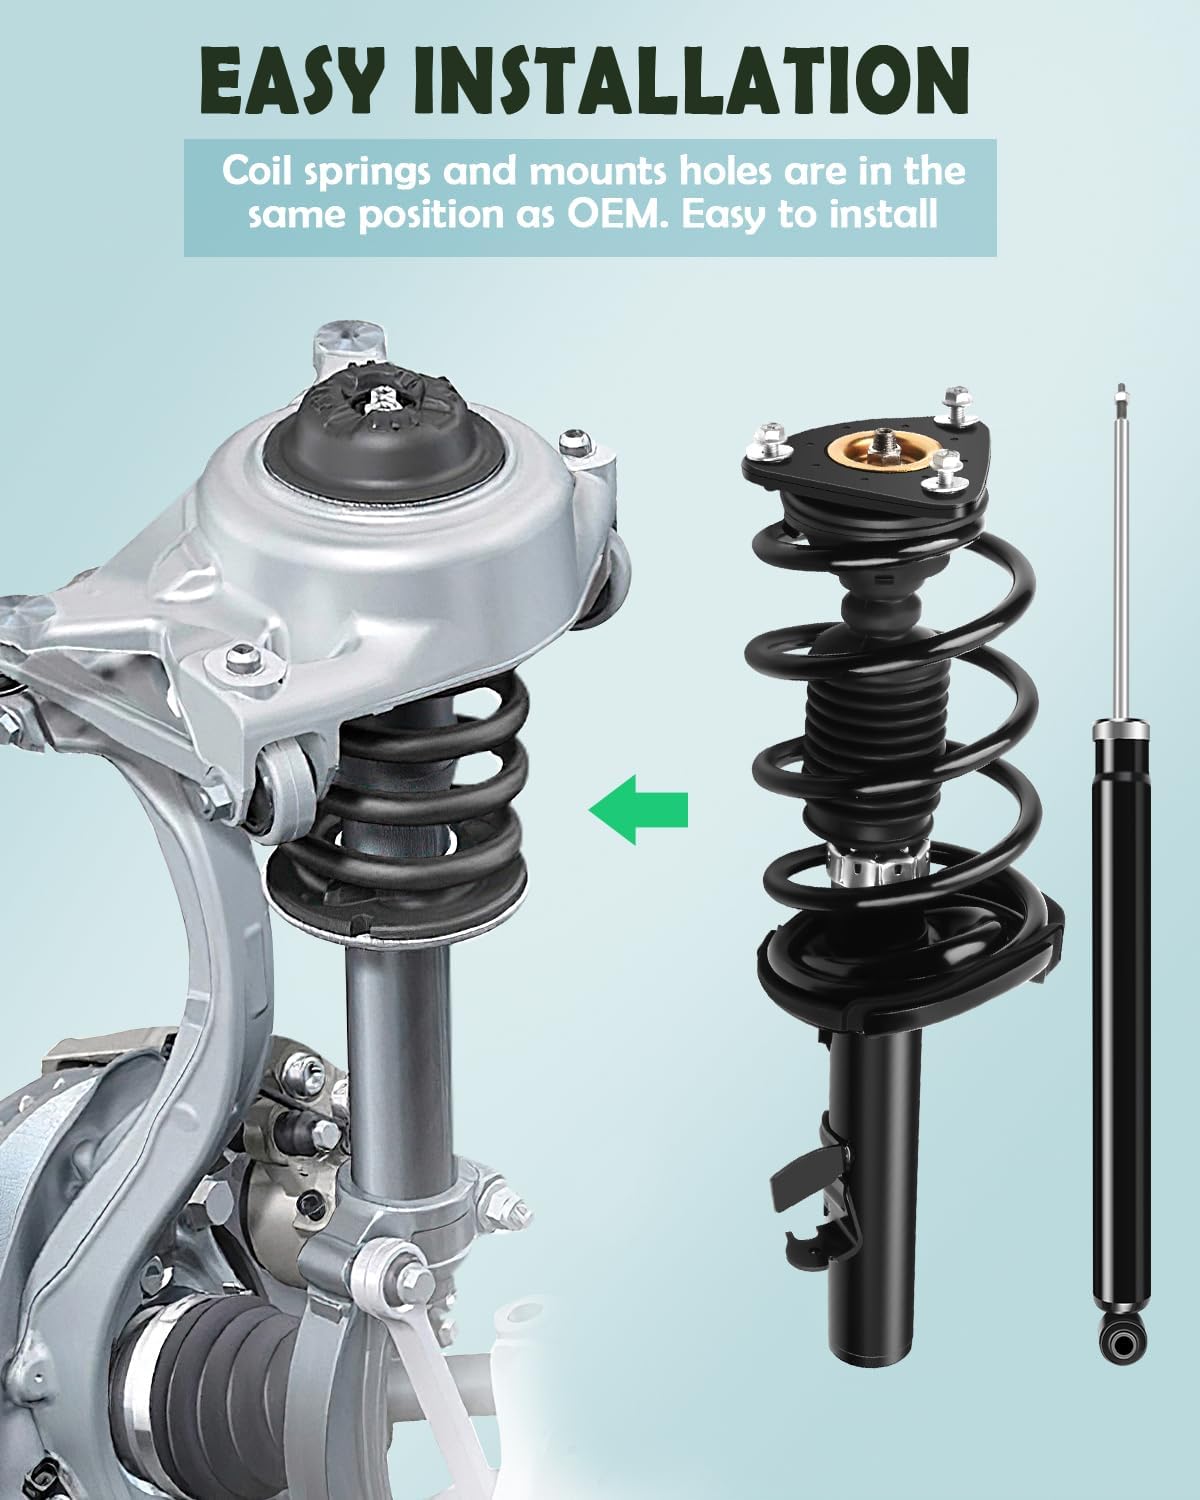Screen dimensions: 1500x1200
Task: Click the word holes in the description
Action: (715, 171)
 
